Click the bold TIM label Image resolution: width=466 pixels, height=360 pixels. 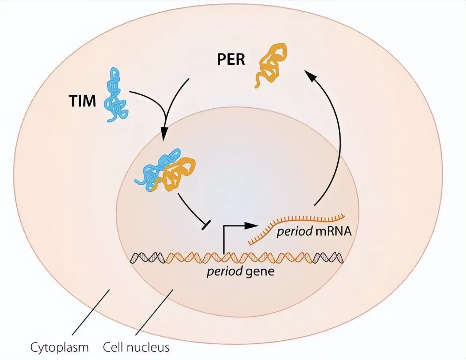pos(82,101)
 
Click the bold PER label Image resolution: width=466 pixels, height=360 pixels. pos(231,59)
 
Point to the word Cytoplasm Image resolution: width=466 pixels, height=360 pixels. pos(60,347)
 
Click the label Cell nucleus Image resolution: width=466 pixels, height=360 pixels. pos(136,347)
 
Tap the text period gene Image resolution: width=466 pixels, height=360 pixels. pos(240,271)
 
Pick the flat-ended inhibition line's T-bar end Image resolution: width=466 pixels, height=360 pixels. pos(205,226)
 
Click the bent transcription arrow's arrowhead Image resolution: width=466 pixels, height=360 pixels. pos(250,225)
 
